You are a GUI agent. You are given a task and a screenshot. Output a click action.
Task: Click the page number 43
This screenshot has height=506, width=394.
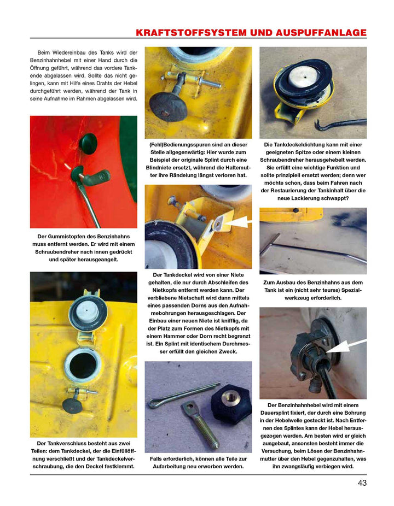(x=362, y=483)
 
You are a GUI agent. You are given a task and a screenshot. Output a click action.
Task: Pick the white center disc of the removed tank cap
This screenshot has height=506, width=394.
(x=303, y=77)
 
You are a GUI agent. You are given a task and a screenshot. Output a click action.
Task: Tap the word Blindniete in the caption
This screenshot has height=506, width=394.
(x=162, y=167)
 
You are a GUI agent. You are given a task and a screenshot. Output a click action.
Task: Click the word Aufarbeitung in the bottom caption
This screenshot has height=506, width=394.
(x=175, y=466)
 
